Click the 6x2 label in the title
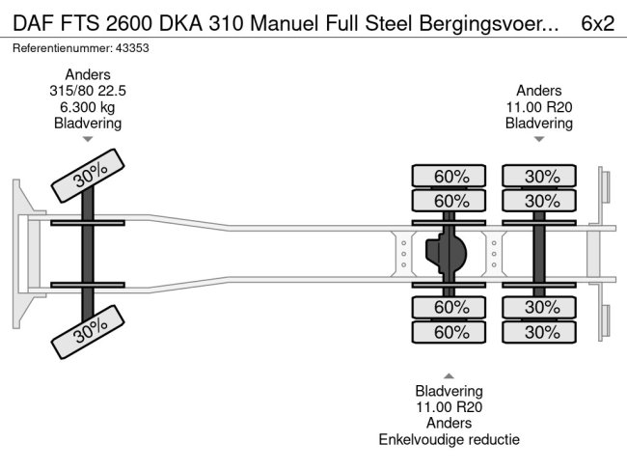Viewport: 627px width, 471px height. (x=598, y=22)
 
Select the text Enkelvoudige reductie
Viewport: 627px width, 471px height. (x=449, y=439)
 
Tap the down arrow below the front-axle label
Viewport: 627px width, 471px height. (x=88, y=141)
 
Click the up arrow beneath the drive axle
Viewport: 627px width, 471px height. (x=449, y=375)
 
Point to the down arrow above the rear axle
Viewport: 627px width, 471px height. (x=539, y=139)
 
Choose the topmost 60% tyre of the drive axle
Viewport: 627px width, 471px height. (x=450, y=176)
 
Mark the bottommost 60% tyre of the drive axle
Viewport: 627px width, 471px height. (x=450, y=332)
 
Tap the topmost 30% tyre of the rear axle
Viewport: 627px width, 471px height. (x=540, y=176)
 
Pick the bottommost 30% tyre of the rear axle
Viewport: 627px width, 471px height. (x=540, y=332)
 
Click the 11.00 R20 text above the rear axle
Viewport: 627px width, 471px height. (x=539, y=107)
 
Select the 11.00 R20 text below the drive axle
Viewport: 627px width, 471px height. (x=449, y=407)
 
